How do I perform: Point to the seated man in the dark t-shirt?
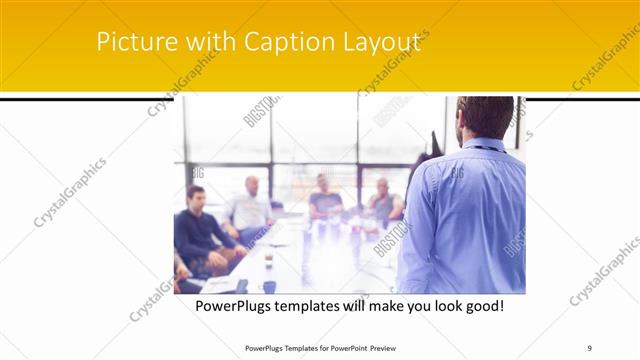324,198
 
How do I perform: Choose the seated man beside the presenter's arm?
383,202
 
